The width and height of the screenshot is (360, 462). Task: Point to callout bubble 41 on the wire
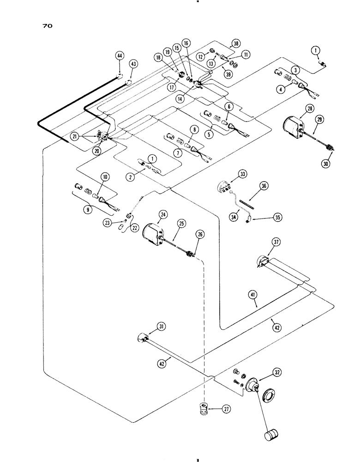tap(255, 304)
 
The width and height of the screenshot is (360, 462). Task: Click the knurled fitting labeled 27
tap(202, 409)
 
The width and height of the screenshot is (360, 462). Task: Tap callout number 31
tap(161, 327)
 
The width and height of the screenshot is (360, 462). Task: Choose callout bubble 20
tap(96, 150)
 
